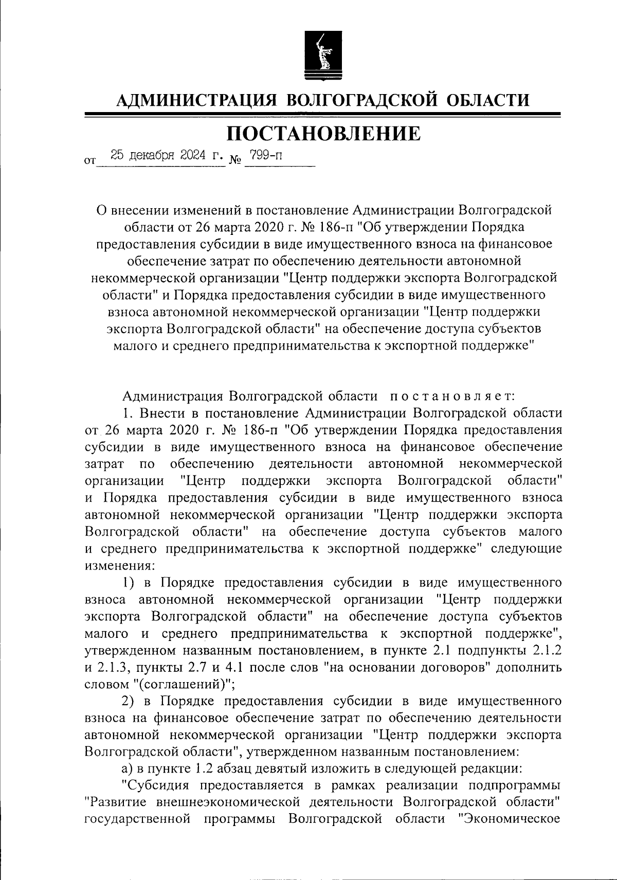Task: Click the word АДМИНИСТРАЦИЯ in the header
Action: pyautogui.click(x=195, y=99)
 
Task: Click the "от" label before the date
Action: pyautogui.click(x=89, y=161)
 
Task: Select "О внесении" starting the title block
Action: pyautogui.click(x=130, y=211)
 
